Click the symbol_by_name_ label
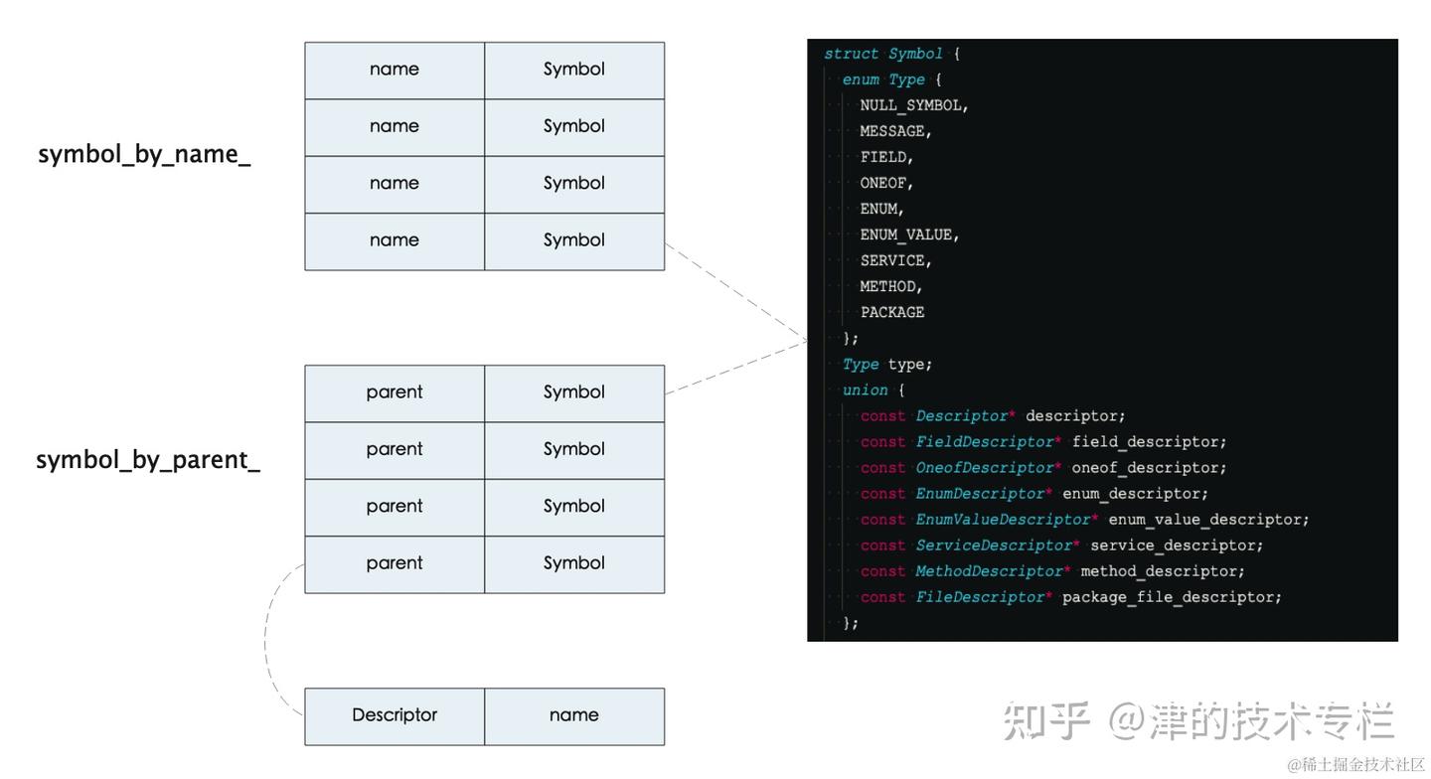[x=144, y=155]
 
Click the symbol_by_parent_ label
[x=148, y=460]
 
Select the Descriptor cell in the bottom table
[x=395, y=715]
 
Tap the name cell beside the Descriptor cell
[x=574, y=715]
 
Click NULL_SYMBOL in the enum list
[x=913, y=105]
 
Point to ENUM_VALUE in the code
[x=909, y=234]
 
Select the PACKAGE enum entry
[x=892, y=312]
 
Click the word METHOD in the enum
[x=890, y=286]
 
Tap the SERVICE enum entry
[x=895, y=260]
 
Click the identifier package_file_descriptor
[x=1172, y=597]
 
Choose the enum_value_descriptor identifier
[x=1208, y=520]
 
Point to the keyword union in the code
[x=865, y=390]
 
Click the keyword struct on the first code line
[x=851, y=54]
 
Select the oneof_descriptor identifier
[x=1148, y=468]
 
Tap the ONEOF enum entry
[x=886, y=183]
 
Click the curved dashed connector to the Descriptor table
[x=266, y=641]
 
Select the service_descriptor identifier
[x=1177, y=545]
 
